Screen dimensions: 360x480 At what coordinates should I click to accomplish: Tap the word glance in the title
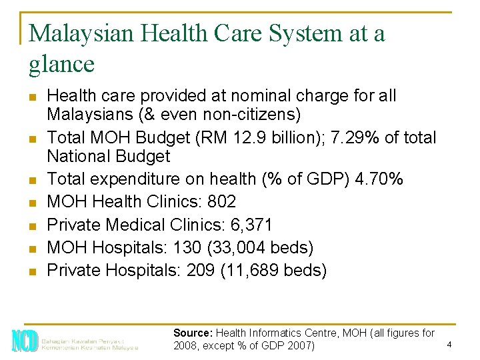click(x=62, y=64)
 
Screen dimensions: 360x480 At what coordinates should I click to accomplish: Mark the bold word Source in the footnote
click(x=191, y=332)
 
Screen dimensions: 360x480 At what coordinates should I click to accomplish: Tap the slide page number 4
click(x=449, y=345)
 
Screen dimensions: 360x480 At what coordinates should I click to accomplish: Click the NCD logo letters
click(x=24, y=341)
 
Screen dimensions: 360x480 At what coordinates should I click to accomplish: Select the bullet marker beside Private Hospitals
click(x=32, y=271)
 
